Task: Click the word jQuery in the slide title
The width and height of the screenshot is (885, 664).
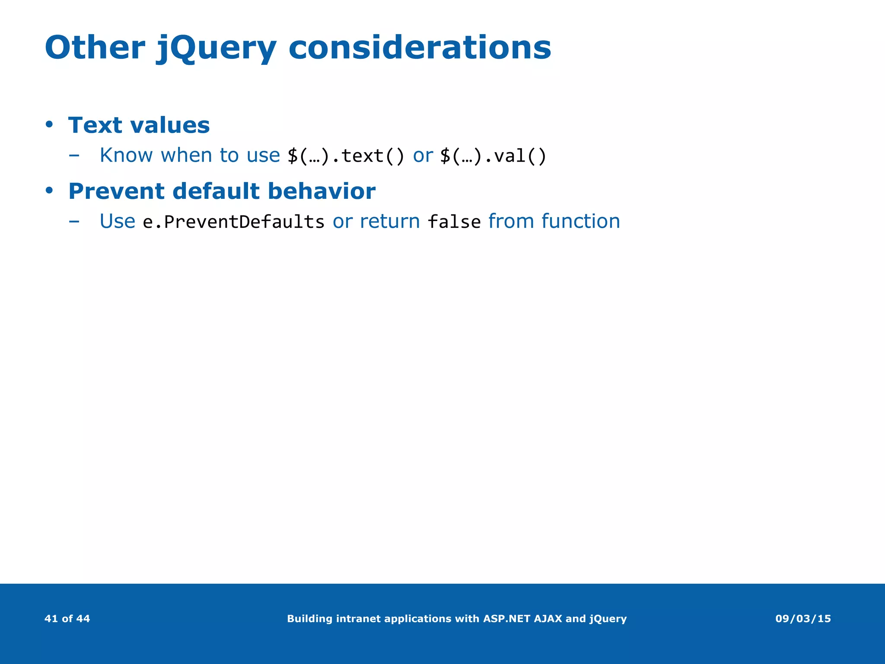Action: pyautogui.click(x=216, y=48)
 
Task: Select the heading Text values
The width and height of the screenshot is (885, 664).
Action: pyautogui.click(x=139, y=125)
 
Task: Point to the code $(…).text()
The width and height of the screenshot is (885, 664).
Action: pyautogui.click(x=346, y=156)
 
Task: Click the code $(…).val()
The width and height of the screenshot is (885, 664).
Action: pyautogui.click(x=493, y=156)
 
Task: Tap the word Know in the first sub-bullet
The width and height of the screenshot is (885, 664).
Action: pyautogui.click(x=126, y=155)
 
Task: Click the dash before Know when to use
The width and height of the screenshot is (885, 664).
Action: pyautogui.click(x=74, y=156)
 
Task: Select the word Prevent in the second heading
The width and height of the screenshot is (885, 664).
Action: pyautogui.click(x=116, y=191)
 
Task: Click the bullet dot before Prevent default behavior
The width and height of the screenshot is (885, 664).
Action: pyautogui.click(x=49, y=191)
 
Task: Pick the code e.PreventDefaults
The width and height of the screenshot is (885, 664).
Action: pyautogui.click(x=233, y=222)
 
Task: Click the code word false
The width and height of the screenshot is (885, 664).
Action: pyautogui.click(x=454, y=222)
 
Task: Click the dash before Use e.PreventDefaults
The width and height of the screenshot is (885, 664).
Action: pyautogui.click(x=74, y=222)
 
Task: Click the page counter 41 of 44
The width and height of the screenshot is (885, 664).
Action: pyautogui.click(x=67, y=619)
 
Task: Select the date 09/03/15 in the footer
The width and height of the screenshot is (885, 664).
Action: pyautogui.click(x=803, y=619)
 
